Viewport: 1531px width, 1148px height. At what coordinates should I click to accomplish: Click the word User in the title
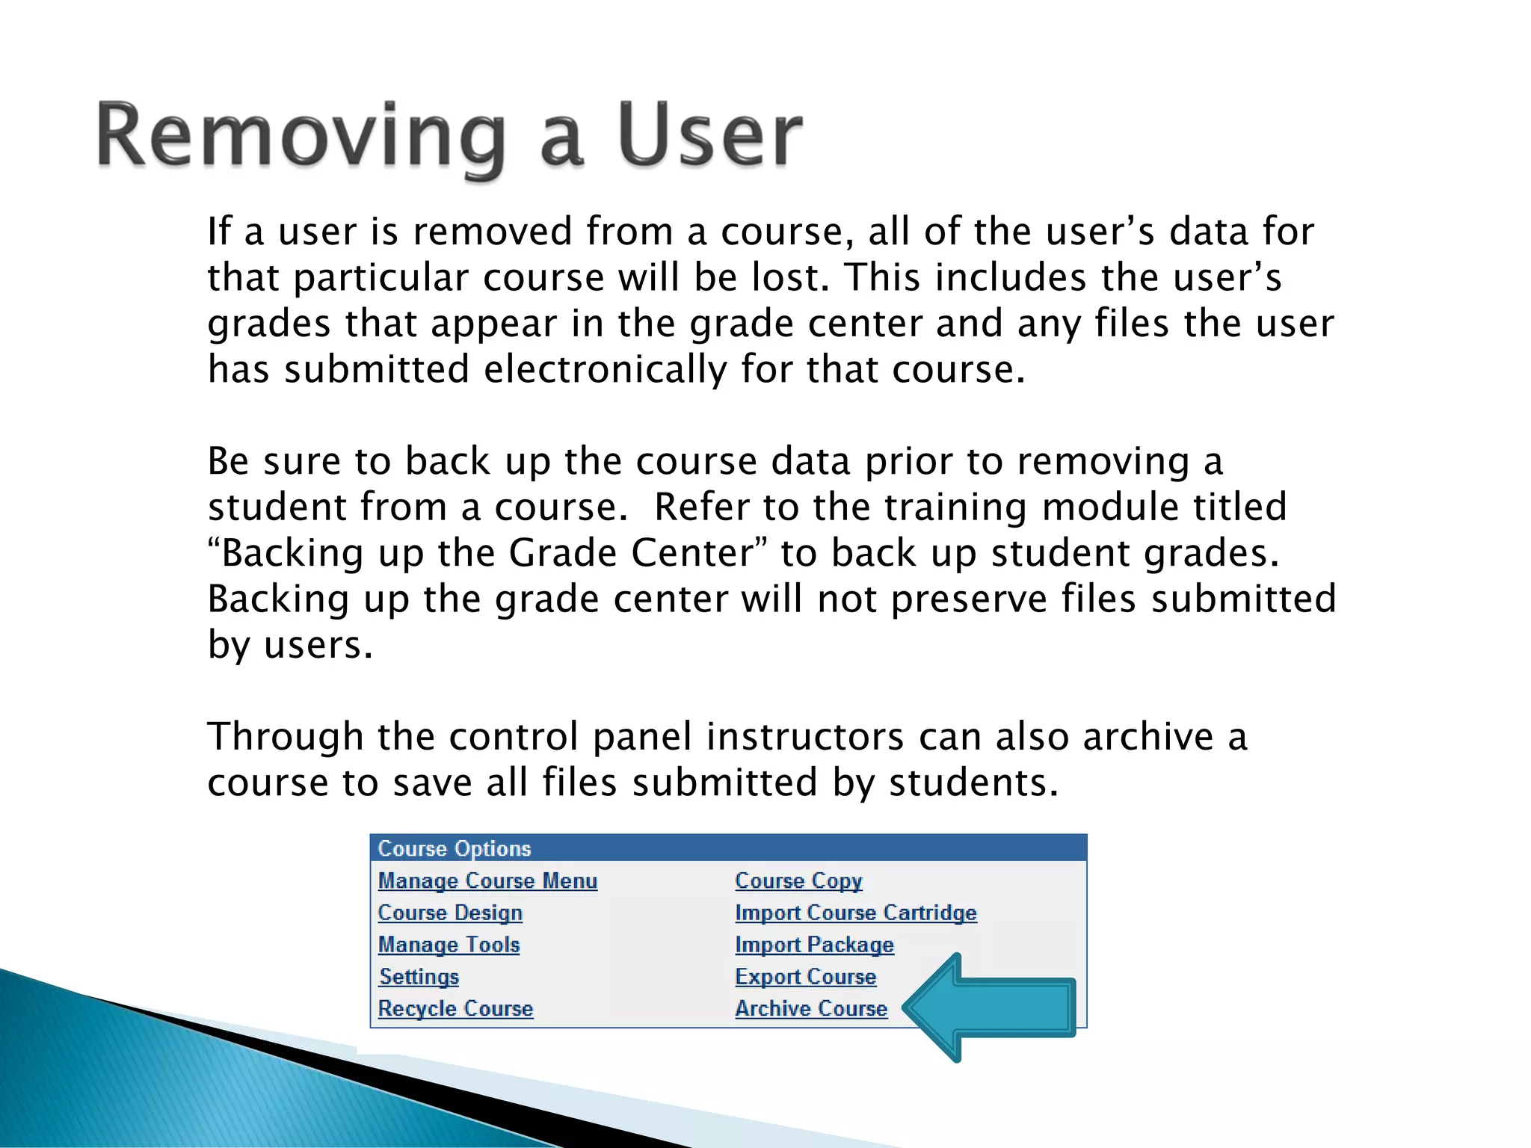[x=709, y=137]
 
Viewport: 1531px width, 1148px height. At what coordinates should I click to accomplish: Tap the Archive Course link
[x=811, y=1008]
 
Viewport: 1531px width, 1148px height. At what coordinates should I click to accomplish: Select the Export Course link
[x=805, y=976]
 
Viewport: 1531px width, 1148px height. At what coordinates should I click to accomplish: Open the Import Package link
[x=814, y=945]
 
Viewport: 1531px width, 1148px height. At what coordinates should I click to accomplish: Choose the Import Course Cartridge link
[x=855, y=913]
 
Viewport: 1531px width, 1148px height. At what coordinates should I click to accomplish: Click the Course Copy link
[x=798, y=880]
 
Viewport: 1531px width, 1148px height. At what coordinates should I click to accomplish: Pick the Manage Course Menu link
[x=487, y=880]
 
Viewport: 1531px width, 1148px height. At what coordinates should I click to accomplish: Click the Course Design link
[x=450, y=913]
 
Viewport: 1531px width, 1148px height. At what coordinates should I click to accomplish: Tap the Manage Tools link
[x=449, y=945]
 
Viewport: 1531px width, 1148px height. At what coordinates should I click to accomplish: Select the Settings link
[x=419, y=976]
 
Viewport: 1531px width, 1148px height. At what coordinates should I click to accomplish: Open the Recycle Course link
[x=455, y=1008]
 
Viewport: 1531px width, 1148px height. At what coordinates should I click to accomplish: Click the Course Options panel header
[x=728, y=848]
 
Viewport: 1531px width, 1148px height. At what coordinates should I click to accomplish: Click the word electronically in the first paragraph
[x=606, y=369]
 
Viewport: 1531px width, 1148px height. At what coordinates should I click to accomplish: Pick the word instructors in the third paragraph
[x=805, y=737]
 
